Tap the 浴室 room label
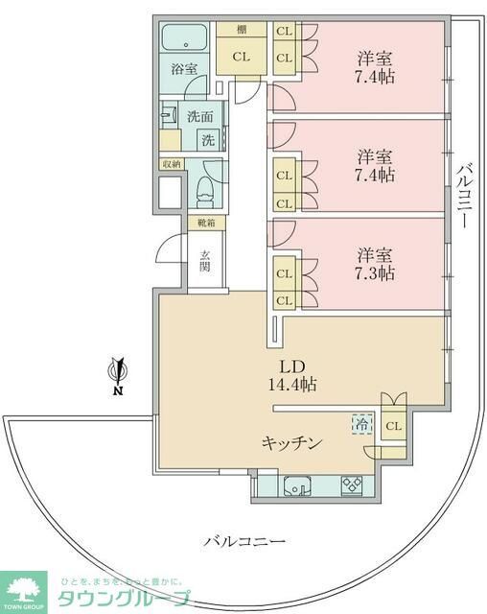coord(184,69)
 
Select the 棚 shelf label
coord(241,30)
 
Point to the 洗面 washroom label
coord(199,117)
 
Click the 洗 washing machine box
coord(206,140)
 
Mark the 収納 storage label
coord(171,164)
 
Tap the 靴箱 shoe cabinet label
coord(206,224)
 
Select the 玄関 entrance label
coord(205,260)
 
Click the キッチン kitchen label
coord(291,442)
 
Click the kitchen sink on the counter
coord(295,486)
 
